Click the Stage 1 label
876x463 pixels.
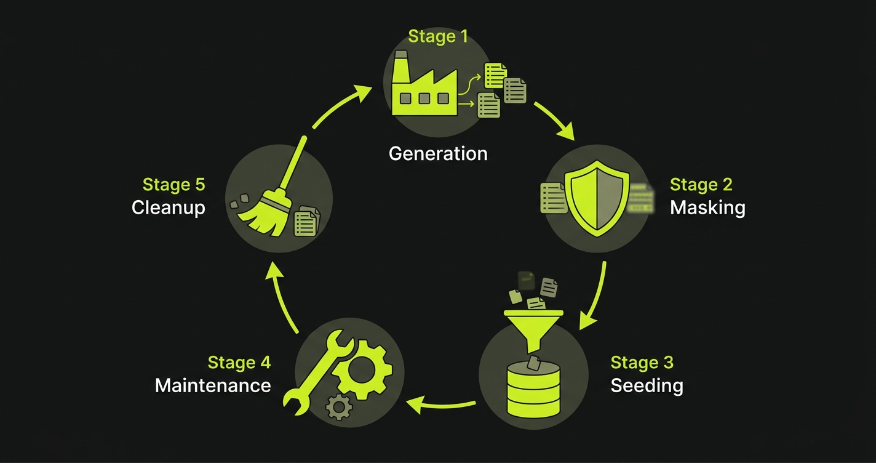(x=438, y=37)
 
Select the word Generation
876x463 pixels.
(x=438, y=153)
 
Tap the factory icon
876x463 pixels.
(x=424, y=86)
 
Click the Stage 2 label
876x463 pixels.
(x=701, y=185)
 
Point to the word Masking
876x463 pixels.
(x=707, y=207)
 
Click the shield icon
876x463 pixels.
(x=597, y=196)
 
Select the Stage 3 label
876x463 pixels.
(x=642, y=363)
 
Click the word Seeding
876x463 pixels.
(x=647, y=386)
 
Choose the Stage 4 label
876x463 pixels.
(x=239, y=363)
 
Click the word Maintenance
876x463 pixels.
(x=213, y=386)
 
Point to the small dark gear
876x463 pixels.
(x=339, y=406)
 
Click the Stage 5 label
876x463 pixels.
(x=173, y=185)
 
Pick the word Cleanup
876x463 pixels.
(x=168, y=207)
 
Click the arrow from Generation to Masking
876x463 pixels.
(x=555, y=119)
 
